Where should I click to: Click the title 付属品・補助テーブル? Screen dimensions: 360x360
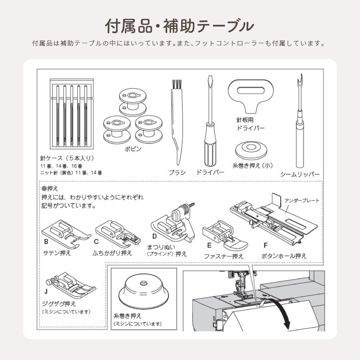point(179,26)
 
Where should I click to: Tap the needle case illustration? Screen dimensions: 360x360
point(72,114)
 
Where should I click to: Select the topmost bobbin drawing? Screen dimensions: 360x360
point(133,102)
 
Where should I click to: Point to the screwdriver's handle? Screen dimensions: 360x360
point(210,145)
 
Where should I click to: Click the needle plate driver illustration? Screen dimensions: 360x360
point(251,96)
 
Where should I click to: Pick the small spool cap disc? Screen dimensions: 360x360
point(251,150)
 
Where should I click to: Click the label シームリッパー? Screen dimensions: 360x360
point(300,174)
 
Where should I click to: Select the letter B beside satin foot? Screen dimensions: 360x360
point(46,242)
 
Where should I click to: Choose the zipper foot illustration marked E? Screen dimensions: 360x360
point(225,235)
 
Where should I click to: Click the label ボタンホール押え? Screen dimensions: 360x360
point(284,256)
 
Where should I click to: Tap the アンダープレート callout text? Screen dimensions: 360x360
point(302,201)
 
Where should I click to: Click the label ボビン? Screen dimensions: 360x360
point(133,149)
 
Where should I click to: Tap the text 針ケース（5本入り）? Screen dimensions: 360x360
point(67,158)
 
